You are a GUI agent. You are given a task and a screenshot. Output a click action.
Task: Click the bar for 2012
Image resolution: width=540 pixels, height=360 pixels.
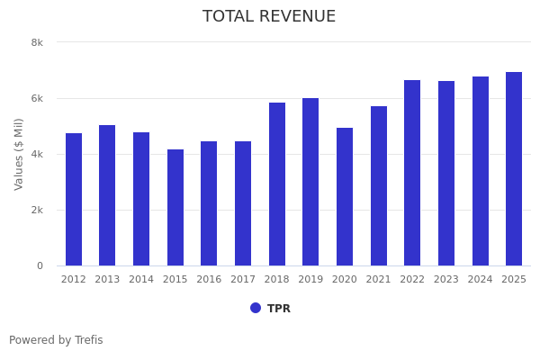(x=74, y=200)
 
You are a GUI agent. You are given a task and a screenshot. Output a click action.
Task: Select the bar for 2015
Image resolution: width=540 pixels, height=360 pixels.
(x=175, y=208)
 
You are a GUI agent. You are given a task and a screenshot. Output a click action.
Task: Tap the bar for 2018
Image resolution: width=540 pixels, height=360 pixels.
(x=277, y=184)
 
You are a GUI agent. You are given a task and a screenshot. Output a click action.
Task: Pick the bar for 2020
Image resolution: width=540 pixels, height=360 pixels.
(x=345, y=197)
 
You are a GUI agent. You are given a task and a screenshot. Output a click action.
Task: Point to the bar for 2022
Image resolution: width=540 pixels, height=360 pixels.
(x=412, y=173)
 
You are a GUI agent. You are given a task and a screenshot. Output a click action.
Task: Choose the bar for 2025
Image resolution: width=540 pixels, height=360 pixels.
(x=514, y=169)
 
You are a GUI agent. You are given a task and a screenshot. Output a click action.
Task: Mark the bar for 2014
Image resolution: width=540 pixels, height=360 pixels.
(x=141, y=199)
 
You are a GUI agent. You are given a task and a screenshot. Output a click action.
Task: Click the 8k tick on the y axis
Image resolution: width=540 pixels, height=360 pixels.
(x=37, y=42)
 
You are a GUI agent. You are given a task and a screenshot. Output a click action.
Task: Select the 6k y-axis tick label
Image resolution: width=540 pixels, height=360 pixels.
(x=37, y=98)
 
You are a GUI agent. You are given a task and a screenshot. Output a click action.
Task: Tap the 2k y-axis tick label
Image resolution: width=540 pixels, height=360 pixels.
(x=37, y=210)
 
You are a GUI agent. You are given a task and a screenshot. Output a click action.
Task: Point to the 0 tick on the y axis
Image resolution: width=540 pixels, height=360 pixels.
(x=40, y=265)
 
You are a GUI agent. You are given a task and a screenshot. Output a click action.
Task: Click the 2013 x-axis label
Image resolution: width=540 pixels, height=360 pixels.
(x=107, y=280)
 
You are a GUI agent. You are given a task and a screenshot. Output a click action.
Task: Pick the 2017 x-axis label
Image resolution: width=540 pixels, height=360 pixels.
(x=243, y=280)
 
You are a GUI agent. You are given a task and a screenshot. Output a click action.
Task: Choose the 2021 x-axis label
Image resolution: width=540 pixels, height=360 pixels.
(x=379, y=280)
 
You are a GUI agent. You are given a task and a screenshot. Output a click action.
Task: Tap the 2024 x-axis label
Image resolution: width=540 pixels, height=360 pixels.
(x=481, y=280)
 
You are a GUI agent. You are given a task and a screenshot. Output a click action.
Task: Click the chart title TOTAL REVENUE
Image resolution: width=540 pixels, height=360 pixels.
(x=269, y=17)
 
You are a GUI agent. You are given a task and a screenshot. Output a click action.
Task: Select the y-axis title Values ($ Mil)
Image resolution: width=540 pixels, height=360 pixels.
(x=19, y=154)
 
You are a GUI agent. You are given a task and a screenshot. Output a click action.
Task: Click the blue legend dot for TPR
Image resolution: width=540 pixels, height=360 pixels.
(x=256, y=308)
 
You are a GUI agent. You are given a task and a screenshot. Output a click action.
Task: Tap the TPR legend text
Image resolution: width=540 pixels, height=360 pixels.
(x=279, y=309)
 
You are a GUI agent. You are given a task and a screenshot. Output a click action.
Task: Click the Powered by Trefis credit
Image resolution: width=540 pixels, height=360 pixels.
(x=56, y=340)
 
